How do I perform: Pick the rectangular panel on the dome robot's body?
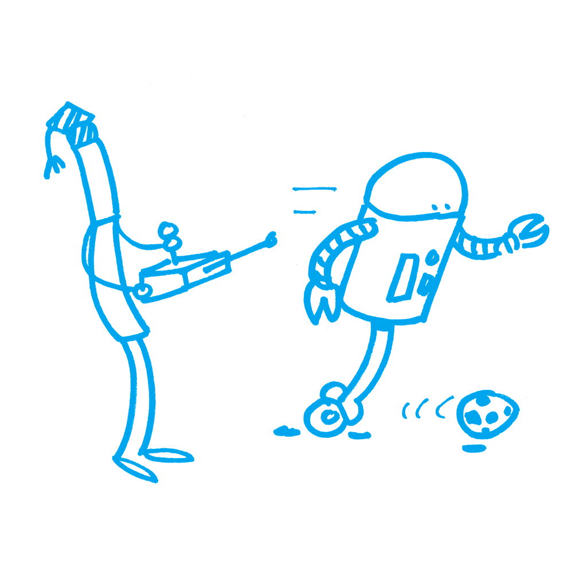point(404,278)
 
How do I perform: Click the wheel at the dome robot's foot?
point(328,415)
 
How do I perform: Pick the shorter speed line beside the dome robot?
point(305,212)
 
